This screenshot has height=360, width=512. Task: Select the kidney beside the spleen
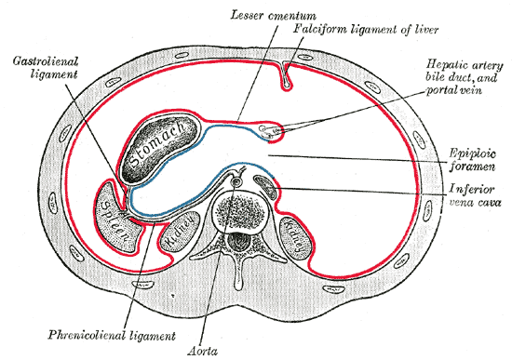click(180, 234)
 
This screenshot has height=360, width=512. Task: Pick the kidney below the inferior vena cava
click(298, 237)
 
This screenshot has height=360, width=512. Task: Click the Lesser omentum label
click(273, 16)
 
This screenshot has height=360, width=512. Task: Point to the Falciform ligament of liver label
click(366, 30)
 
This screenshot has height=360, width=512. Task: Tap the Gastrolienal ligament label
click(46, 68)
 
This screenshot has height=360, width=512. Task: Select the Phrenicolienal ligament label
click(112, 335)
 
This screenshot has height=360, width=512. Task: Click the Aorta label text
click(202, 351)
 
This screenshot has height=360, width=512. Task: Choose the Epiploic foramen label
click(473, 160)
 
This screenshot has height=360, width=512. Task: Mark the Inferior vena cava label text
click(475, 195)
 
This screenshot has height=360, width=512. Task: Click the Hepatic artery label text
click(465, 66)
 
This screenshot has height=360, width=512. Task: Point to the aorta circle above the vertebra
click(236, 182)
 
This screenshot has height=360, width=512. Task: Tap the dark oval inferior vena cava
click(266, 186)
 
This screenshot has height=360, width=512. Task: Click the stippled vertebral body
click(238, 211)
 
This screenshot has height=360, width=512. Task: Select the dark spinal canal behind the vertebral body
click(238, 243)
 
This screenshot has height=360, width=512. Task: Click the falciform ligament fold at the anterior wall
click(286, 75)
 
